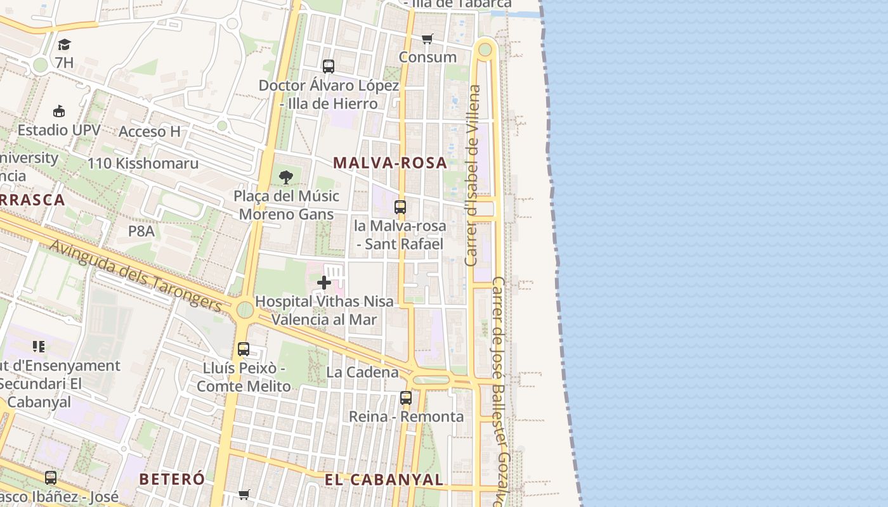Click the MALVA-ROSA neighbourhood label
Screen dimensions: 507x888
(390, 163)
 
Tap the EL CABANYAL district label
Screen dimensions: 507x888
(384, 480)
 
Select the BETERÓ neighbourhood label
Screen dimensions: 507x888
(172, 478)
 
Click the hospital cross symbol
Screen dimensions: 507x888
(324, 283)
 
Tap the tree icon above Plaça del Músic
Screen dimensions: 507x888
(286, 177)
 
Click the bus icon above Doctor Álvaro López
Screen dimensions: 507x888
(329, 66)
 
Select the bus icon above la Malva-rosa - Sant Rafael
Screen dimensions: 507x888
(400, 207)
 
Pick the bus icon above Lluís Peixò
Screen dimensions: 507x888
(244, 349)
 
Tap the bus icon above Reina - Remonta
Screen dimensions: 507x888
(406, 398)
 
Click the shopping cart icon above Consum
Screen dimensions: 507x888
(428, 39)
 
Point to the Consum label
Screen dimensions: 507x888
(428, 57)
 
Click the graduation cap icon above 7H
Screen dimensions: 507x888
(64, 44)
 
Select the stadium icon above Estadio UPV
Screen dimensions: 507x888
(59, 111)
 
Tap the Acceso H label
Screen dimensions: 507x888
(150, 131)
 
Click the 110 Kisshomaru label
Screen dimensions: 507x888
(143, 164)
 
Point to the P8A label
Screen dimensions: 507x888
(141, 231)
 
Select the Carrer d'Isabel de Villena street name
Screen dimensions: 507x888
(473, 176)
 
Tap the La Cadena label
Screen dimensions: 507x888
(362, 372)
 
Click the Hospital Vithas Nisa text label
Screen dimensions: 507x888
(324, 302)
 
